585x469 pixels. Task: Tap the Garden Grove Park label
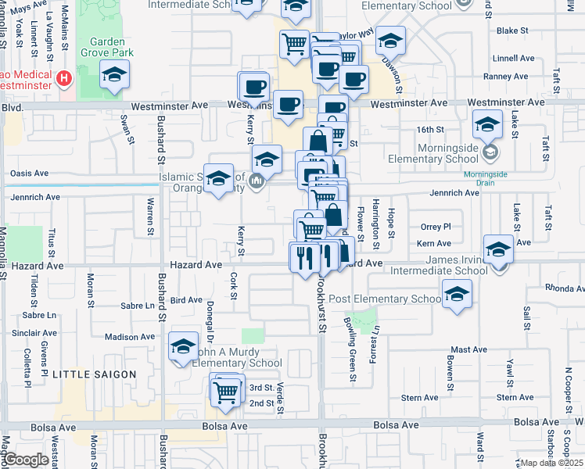click(x=111, y=47)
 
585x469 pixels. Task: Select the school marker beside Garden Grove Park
click(x=115, y=76)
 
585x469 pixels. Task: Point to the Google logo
click(x=26, y=460)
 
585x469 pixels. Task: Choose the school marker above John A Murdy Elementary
click(x=183, y=348)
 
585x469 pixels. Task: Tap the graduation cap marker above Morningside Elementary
click(x=487, y=124)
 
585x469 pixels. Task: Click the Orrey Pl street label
click(x=436, y=227)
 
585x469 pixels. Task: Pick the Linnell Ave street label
click(x=513, y=58)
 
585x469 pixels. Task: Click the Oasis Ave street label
click(x=28, y=174)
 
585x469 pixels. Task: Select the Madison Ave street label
click(x=130, y=337)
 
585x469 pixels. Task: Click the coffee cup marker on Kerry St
click(x=253, y=87)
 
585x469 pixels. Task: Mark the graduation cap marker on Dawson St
click(x=390, y=41)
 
